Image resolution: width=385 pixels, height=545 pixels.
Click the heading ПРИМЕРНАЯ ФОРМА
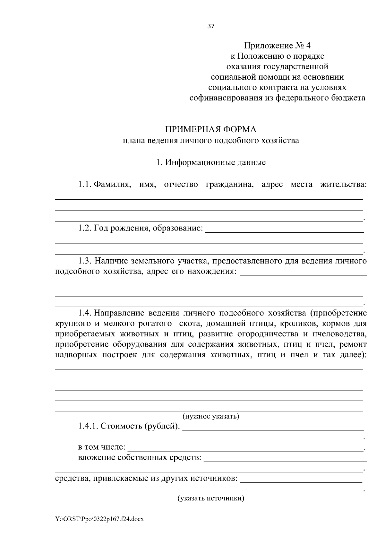click(211, 130)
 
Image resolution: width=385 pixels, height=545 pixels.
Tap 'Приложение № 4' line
click(278, 46)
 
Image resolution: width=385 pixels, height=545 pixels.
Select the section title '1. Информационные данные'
click(211, 162)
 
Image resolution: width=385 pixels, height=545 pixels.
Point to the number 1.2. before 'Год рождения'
click(85, 228)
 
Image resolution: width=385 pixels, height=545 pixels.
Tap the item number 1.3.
click(85, 261)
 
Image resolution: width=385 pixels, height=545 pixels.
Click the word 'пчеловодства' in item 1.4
click(340, 334)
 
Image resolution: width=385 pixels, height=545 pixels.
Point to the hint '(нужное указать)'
click(211, 416)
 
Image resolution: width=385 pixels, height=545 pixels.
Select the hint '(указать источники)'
click(211, 498)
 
